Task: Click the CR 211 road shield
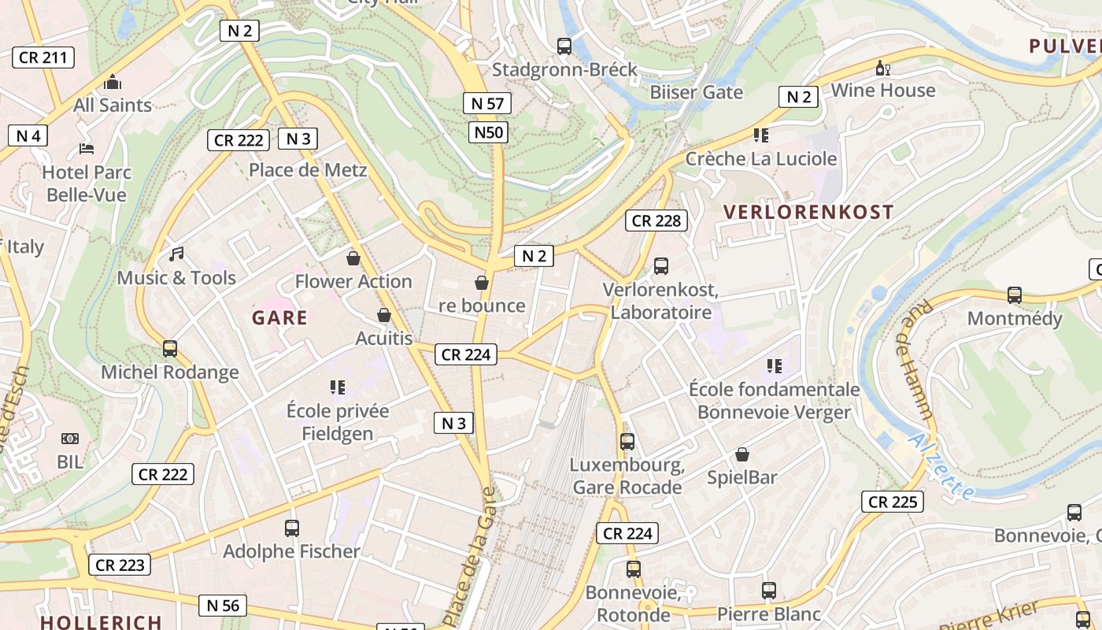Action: point(43,57)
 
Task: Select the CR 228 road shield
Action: point(656,220)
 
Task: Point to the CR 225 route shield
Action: point(892,502)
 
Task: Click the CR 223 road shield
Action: point(119,565)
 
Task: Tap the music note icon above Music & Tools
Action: point(176,254)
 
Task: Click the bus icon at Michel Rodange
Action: point(169,349)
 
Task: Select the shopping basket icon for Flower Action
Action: point(353,258)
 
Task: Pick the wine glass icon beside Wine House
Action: point(883,69)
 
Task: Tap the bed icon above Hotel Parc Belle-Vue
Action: point(87,148)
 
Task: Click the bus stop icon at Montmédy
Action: point(1015,295)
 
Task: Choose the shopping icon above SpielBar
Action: point(741,454)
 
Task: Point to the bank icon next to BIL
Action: point(70,439)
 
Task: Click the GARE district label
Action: point(279,318)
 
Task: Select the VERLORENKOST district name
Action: point(808,212)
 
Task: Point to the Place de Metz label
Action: point(308,170)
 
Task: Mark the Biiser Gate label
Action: point(696,92)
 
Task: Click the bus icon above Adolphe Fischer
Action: point(292,528)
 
